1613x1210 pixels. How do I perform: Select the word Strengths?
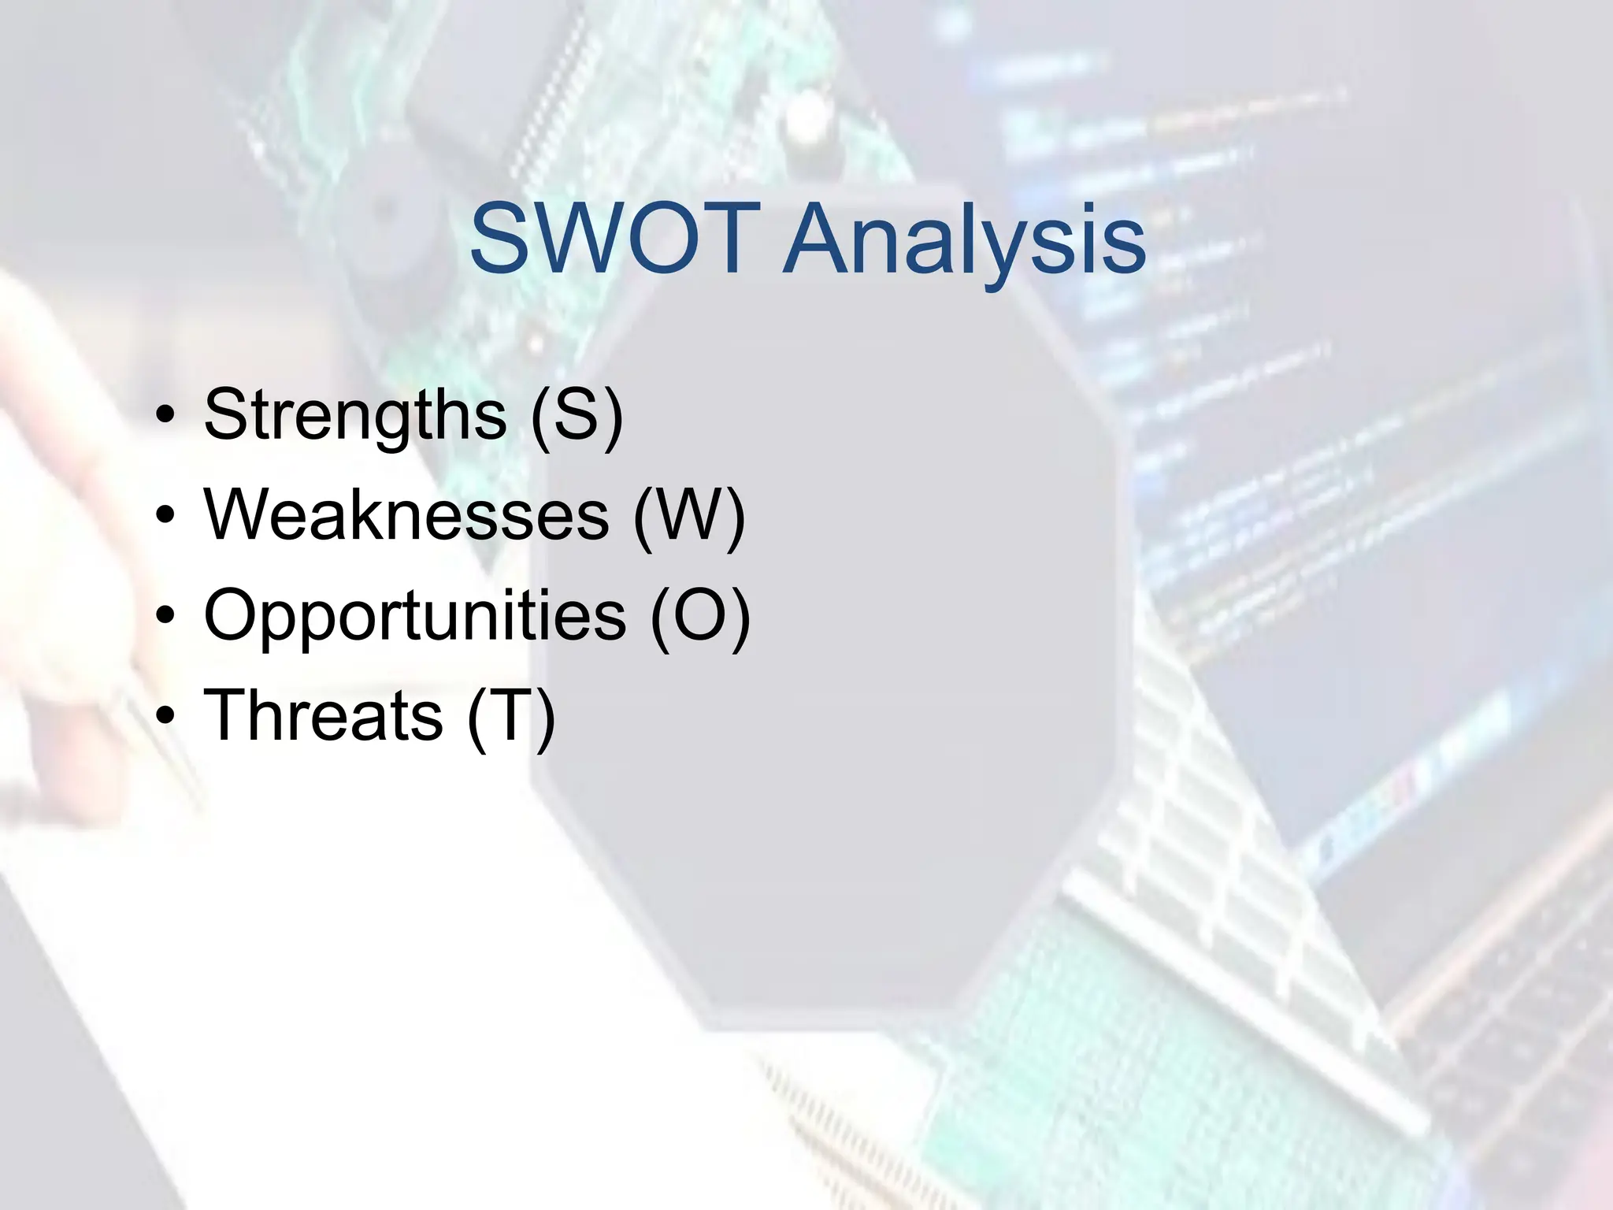point(355,415)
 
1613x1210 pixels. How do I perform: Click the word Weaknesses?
point(406,515)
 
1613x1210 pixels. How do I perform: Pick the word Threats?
point(323,715)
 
